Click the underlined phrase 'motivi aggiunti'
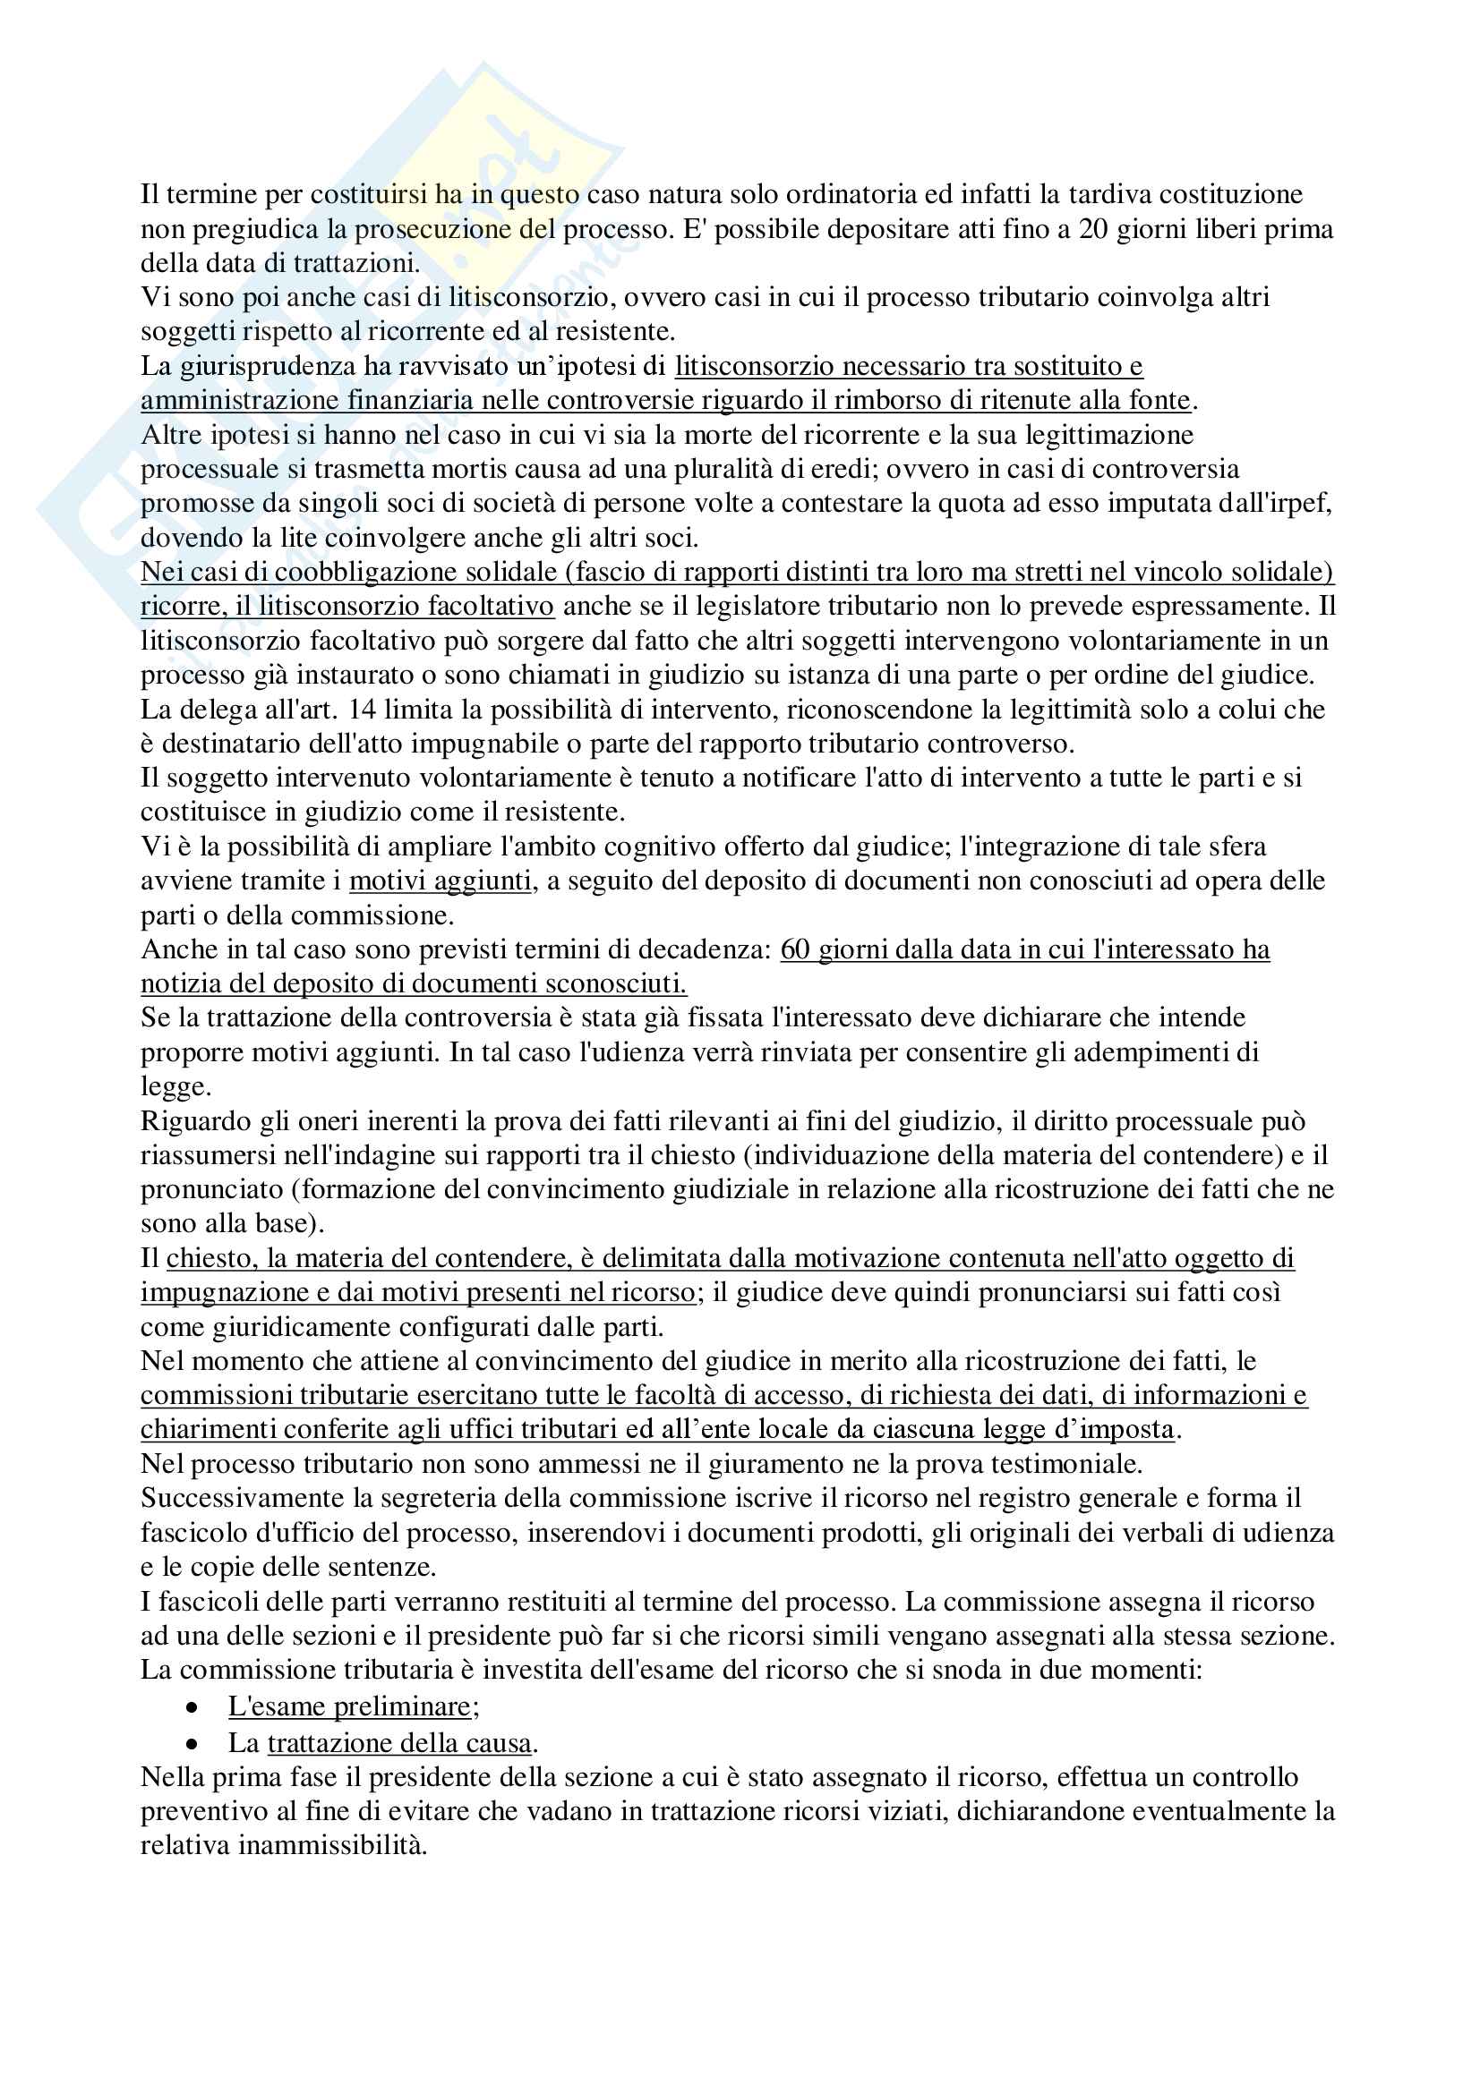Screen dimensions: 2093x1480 tap(440, 881)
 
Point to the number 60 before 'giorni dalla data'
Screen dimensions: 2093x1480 tap(794, 950)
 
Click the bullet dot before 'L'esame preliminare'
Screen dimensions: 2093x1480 tap(192, 1707)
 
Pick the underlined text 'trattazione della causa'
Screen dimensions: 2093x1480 tap(399, 1743)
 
